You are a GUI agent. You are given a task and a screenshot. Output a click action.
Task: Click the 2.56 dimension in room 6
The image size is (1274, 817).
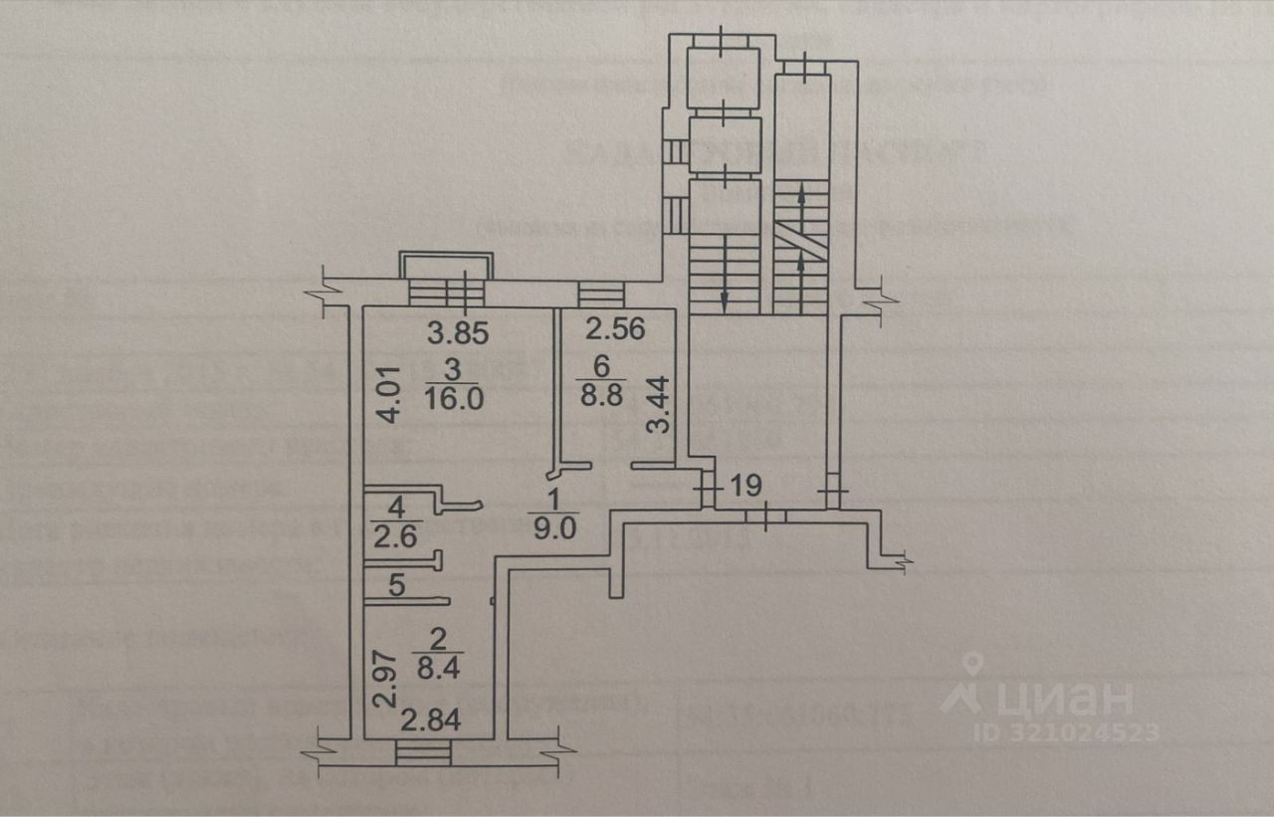click(614, 328)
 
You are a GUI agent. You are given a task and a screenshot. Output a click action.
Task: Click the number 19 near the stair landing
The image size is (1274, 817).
click(745, 487)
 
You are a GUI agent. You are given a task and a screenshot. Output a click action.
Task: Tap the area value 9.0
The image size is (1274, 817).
click(554, 528)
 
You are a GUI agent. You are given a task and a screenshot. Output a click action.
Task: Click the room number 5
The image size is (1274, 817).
click(396, 587)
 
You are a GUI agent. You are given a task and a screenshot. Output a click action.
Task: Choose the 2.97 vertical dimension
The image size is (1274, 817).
click(388, 678)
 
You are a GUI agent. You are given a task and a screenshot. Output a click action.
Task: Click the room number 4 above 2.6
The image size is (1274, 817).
click(397, 508)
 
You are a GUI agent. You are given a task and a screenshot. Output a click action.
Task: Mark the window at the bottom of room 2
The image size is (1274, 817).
click(424, 752)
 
